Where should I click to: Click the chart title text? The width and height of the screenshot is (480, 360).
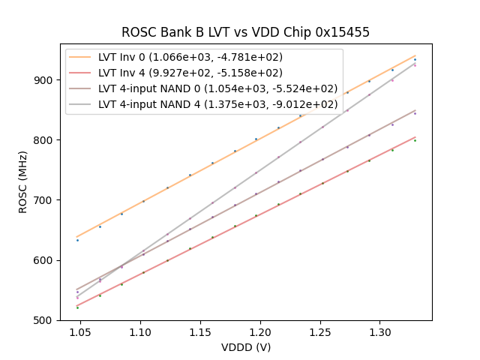point(245,32)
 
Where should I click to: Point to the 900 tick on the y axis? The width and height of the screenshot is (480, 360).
point(44,80)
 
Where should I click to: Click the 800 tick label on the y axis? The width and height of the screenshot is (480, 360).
point(44,140)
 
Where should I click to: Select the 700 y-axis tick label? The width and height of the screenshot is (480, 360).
point(44,200)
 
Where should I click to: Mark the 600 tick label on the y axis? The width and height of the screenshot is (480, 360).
point(44,260)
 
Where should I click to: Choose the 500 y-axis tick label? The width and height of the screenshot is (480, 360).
point(44,320)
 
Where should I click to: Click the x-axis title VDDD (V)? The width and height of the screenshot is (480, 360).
point(245,347)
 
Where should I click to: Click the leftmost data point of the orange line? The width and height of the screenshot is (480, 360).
point(77,239)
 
